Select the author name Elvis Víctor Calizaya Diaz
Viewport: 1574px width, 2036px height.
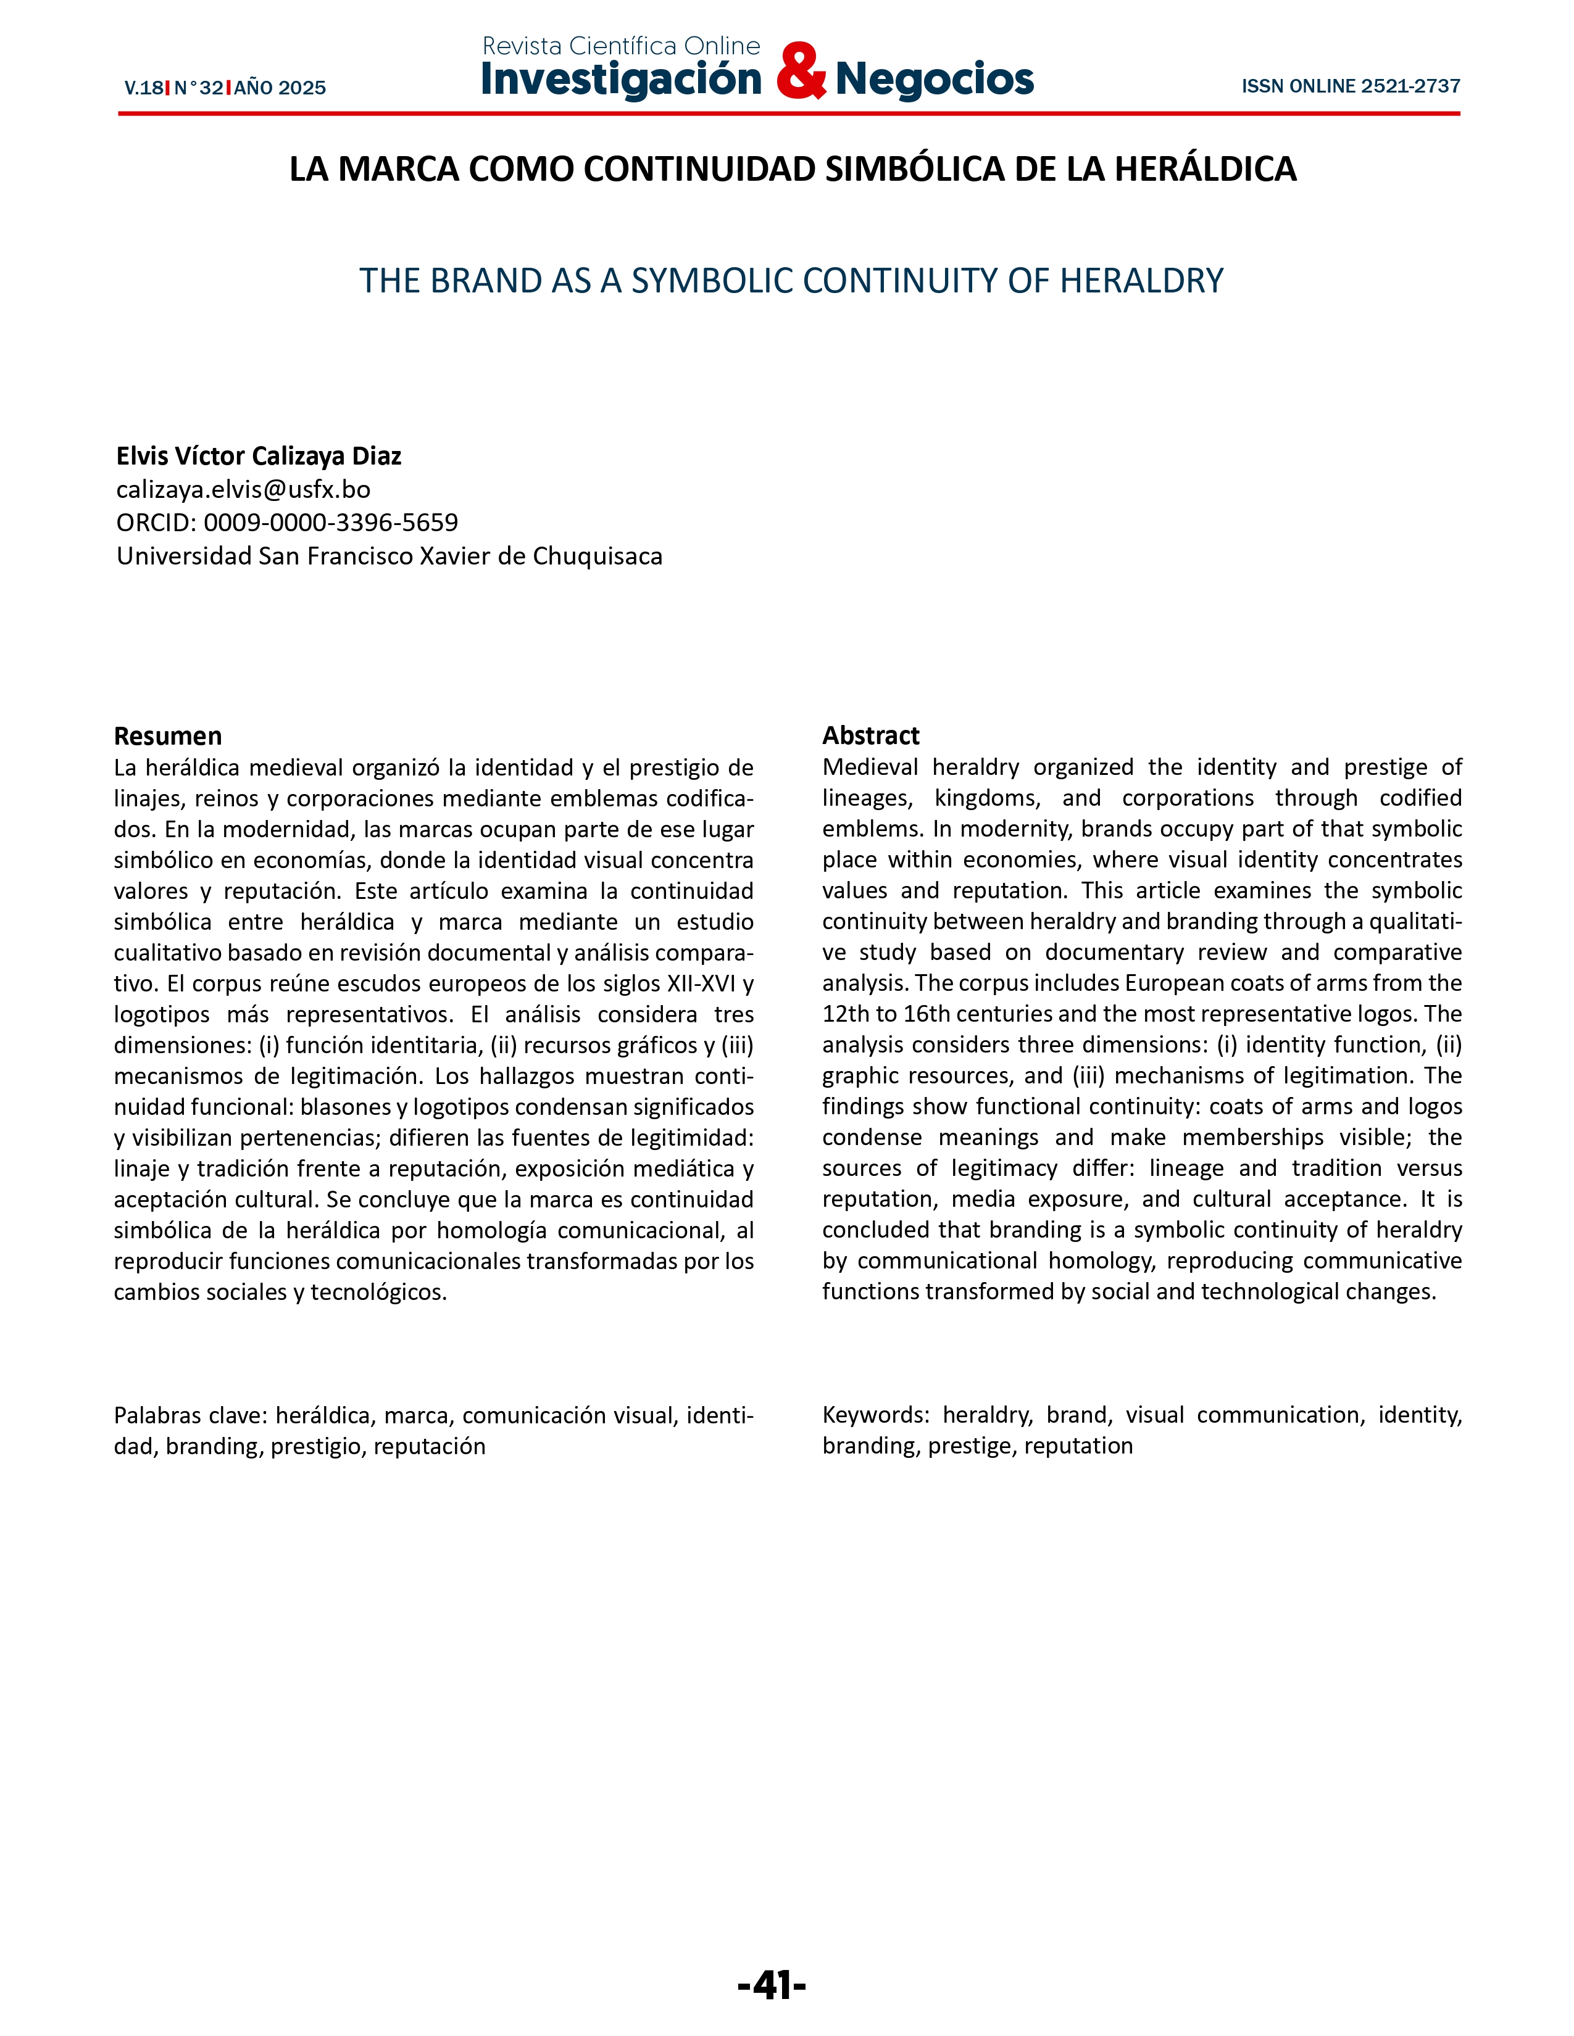coord(258,456)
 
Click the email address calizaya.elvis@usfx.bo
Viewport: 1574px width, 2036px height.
coord(243,489)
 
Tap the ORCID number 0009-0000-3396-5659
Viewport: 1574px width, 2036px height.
coord(331,522)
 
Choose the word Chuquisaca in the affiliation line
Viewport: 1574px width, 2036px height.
coord(598,557)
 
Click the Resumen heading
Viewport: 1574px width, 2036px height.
coord(168,735)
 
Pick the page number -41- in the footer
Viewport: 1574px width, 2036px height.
coord(771,1985)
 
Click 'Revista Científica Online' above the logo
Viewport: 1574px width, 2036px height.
coord(621,46)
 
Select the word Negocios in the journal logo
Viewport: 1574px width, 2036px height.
coord(935,79)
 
